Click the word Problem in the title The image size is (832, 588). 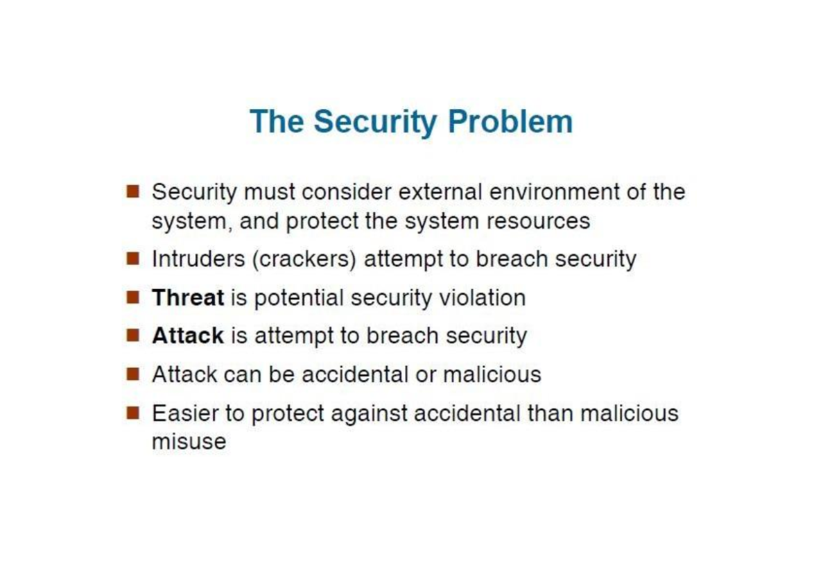click(x=510, y=122)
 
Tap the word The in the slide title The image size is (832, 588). click(x=277, y=121)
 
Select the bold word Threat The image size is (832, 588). click(x=188, y=297)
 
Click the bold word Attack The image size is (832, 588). click(x=188, y=336)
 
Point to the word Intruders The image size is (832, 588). click(x=199, y=259)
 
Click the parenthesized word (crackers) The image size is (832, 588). click(x=304, y=259)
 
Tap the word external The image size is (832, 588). click(x=440, y=192)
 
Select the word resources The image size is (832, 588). click(x=538, y=222)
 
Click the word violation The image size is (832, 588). click(x=483, y=297)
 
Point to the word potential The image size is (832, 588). click(x=299, y=298)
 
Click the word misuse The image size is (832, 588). click(x=189, y=442)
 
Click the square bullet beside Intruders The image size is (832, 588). click(x=132, y=258)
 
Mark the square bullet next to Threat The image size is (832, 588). click(x=132, y=297)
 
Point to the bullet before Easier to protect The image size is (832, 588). click(x=132, y=413)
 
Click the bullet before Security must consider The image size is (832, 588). click(x=132, y=191)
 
